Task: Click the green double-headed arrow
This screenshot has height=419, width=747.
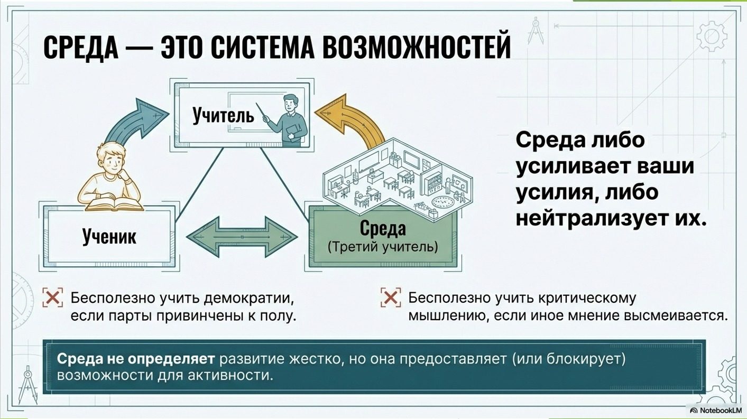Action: [x=242, y=235]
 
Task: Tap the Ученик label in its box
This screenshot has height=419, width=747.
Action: [x=109, y=237]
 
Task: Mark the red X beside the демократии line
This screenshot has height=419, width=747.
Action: [x=52, y=298]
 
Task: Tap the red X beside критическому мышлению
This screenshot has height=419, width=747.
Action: [x=390, y=298]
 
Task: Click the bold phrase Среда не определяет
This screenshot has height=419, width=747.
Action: [x=135, y=359]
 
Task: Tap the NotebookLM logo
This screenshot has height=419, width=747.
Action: [x=716, y=410]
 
